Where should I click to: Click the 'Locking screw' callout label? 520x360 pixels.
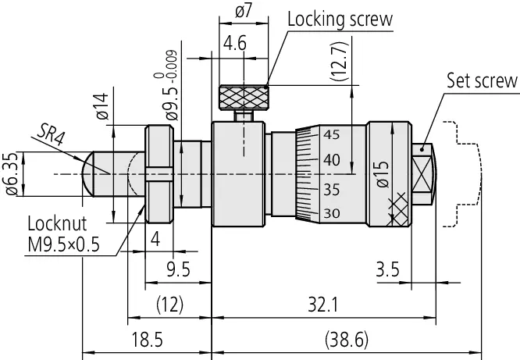(x=340, y=20)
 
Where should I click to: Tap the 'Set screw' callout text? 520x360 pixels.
(x=482, y=80)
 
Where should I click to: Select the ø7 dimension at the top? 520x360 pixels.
(x=244, y=11)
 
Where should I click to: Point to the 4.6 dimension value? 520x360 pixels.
(x=235, y=44)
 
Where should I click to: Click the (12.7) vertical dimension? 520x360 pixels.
(x=339, y=62)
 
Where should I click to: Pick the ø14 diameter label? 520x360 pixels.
(x=102, y=106)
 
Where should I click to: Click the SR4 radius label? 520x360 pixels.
(x=51, y=134)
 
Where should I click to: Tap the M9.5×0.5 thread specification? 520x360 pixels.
(x=64, y=245)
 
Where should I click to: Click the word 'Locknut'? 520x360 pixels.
(x=57, y=223)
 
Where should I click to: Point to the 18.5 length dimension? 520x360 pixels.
(x=148, y=340)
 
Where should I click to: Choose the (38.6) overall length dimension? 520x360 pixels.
(x=347, y=340)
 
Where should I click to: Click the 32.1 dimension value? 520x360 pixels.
(x=323, y=305)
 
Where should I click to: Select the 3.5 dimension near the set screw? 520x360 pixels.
(x=387, y=269)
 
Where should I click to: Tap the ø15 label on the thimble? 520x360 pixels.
(x=383, y=174)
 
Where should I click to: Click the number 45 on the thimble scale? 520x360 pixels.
(x=332, y=135)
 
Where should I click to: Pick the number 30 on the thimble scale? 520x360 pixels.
(x=332, y=213)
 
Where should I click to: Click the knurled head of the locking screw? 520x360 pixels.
(x=244, y=98)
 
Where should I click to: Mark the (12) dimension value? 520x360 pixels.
(x=169, y=305)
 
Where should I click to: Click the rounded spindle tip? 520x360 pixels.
(x=88, y=174)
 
